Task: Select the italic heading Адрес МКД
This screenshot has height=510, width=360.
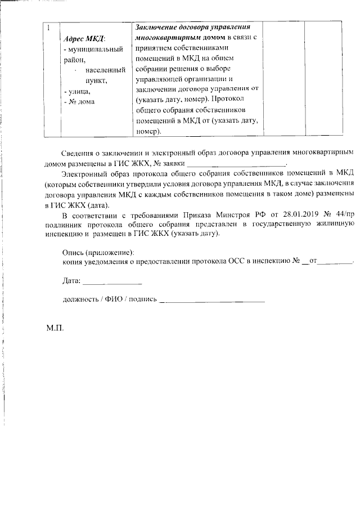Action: click(85, 38)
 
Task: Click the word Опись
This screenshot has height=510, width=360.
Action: click(74, 252)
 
